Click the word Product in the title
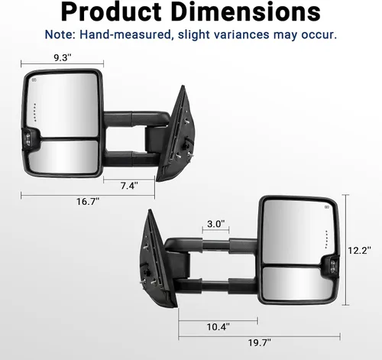click(x=111, y=12)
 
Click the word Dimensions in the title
click(x=246, y=12)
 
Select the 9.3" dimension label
click(x=63, y=57)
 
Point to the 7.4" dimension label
click(x=129, y=186)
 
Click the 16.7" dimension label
click(x=88, y=202)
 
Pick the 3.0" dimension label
click(x=216, y=224)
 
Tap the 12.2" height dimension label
click(x=359, y=250)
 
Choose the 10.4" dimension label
click(x=218, y=326)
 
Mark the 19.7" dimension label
click(x=260, y=342)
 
